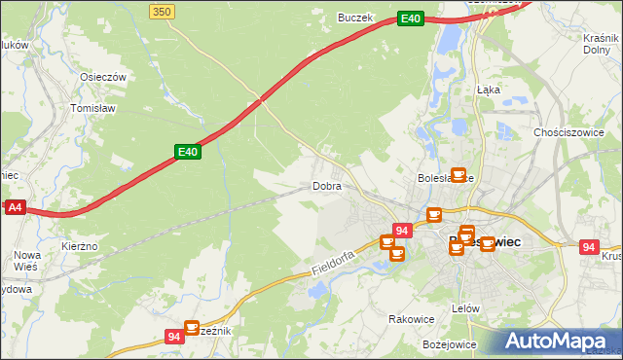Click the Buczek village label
[x=355, y=17]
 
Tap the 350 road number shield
[x=163, y=10]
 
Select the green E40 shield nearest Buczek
[x=411, y=18]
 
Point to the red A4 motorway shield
[x=14, y=207]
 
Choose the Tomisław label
[x=93, y=109]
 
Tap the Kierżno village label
[x=79, y=247]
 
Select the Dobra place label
[x=326, y=185]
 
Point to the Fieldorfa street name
[x=332, y=257]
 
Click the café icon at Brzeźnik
[x=192, y=328]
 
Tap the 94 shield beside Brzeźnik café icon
[x=173, y=337]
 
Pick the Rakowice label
[x=411, y=318]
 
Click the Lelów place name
[x=466, y=308]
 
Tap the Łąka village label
[x=488, y=89]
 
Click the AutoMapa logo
[x=561, y=341]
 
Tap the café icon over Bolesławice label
[x=458, y=175]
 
